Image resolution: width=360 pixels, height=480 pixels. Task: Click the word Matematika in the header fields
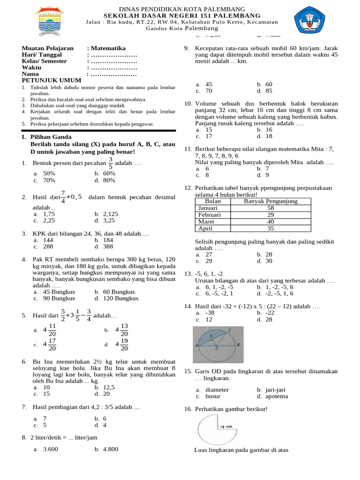[x=108, y=48]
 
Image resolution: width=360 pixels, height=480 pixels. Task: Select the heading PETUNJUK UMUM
[x=46, y=81]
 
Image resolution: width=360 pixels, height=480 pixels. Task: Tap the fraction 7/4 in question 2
[x=63, y=197]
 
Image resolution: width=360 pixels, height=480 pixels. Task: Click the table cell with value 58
[x=270, y=208]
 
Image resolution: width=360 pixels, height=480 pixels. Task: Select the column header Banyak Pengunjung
[x=270, y=201]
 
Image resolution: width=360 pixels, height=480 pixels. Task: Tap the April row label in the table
[x=205, y=228]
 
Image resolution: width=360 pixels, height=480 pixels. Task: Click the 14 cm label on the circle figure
[x=225, y=427]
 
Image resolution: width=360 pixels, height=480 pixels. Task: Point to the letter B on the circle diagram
[x=240, y=345]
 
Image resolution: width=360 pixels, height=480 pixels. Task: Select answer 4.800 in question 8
[x=109, y=449]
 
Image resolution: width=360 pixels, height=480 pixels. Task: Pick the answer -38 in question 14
[x=210, y=312]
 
